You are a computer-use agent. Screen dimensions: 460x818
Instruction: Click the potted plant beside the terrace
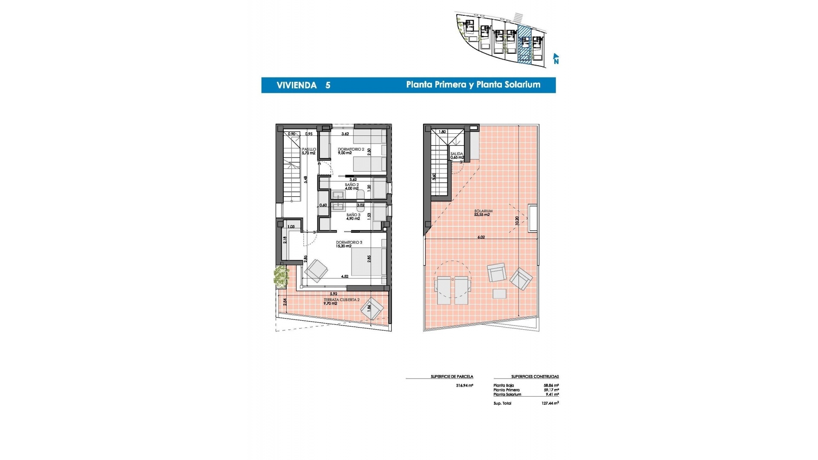[281, 276]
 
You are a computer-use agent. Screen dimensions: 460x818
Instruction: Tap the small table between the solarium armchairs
[499, 293]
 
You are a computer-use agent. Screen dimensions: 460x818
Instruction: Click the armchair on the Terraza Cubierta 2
[372, 309]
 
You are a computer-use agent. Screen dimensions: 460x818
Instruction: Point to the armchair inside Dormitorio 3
[316, 270]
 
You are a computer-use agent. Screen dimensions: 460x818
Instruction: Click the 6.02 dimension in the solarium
[481, 237]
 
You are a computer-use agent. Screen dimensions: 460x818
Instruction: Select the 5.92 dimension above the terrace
[334, 294]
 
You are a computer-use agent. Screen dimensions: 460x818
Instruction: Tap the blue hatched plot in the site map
[524, 45]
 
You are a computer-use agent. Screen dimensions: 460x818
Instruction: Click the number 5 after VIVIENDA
[328, 85]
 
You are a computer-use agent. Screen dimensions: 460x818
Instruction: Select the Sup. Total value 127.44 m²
[550, 403]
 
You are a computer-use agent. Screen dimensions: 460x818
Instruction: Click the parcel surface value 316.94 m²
[464, 385]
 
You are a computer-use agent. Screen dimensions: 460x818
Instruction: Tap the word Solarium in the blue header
[522, 85]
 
